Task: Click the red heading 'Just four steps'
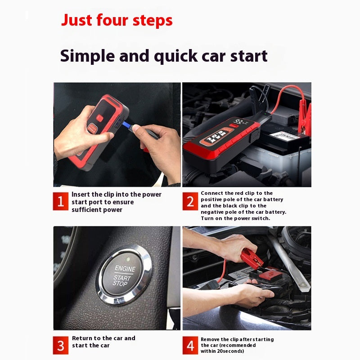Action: [x=117, y=20]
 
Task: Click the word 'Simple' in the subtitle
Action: [x=86, y=56]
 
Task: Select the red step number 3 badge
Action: [x=60, y=345]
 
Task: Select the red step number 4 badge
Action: [x=190, y=345]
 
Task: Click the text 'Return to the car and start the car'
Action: [x=103, y=342]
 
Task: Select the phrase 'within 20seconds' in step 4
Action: [x=221, y=351]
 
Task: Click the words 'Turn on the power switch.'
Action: [x=235, y=218]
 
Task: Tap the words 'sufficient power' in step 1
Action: [x=97, y=210]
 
